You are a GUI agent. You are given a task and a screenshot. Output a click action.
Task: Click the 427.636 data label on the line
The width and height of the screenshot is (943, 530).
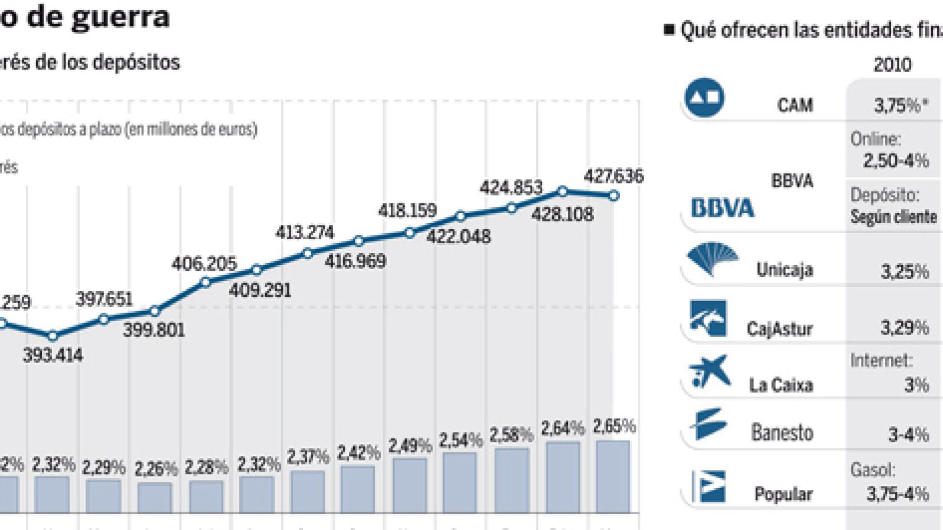614,176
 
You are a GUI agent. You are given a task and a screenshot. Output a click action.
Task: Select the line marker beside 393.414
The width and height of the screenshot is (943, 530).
52,336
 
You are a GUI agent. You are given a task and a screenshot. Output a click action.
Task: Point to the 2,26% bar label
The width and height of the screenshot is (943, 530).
156,469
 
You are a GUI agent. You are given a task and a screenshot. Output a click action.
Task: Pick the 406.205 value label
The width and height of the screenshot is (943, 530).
204,263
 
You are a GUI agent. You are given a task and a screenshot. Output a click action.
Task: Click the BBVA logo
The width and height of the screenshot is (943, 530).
722,208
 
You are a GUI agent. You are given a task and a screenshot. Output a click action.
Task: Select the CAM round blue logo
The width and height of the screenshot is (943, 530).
704,98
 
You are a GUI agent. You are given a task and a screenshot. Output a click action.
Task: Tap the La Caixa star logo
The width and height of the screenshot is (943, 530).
710,371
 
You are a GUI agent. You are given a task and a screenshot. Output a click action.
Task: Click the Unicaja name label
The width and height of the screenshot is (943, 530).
784,270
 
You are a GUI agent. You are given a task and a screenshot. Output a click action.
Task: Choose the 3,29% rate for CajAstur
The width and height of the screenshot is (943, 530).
904,327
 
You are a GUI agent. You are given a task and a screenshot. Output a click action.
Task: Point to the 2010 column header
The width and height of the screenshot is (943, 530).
892,64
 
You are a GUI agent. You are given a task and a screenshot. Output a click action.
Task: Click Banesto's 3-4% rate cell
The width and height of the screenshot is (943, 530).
908,435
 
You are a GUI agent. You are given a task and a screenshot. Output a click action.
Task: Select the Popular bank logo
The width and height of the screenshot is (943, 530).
708,486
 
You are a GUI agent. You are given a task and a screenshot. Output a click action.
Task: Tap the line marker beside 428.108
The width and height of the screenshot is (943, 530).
562,191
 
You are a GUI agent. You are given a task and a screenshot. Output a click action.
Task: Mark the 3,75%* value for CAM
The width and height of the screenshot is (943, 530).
901,105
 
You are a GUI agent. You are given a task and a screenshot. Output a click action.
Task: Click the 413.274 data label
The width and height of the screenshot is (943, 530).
305,233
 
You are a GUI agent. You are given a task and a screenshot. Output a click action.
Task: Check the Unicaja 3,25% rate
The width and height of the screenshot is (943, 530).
905,272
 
